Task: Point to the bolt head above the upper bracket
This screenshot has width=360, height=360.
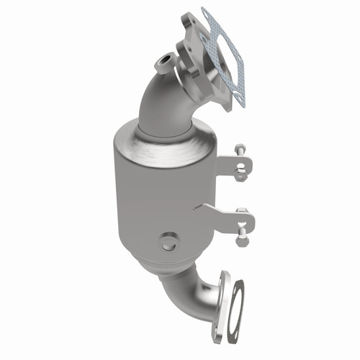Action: pos(240,150)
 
